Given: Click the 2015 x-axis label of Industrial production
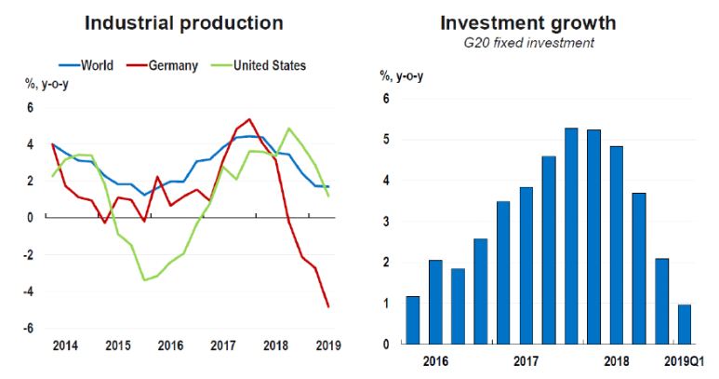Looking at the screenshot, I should pos(118,345).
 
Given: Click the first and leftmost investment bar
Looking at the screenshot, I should pos(413,320).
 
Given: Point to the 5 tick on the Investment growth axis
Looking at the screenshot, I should pos(384,140).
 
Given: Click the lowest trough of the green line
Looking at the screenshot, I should pos(144,279).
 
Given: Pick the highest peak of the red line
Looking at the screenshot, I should pos(249,119).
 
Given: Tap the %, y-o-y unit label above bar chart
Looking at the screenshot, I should pos(405,75).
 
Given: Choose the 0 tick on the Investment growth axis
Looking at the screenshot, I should pos(384,344).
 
